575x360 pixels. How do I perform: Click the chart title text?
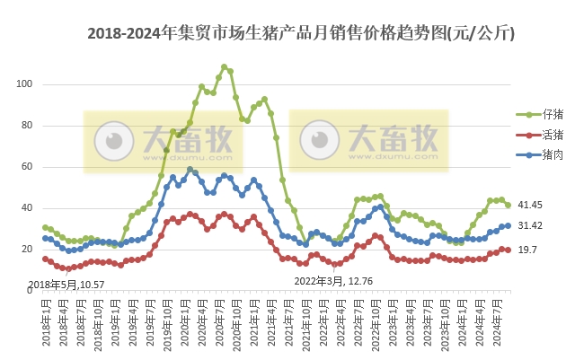(x=300, y=35)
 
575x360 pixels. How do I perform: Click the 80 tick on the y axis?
(x=27, y=126)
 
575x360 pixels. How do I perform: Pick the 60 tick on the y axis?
(x=27, y=167)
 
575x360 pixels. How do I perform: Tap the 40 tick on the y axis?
(x=27, y=208)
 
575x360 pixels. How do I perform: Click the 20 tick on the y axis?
(x=27, y=250)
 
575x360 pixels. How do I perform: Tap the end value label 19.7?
(x=529, y=250)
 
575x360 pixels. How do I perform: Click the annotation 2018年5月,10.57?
(x=67, y=285)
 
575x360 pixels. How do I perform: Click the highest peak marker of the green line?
(x=225, y=67)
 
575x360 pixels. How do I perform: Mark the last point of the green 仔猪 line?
(x=508, y=206)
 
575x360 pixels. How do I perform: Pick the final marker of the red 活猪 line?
(x=508, y=250)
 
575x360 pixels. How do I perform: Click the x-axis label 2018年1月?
(x=44, y=322)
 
